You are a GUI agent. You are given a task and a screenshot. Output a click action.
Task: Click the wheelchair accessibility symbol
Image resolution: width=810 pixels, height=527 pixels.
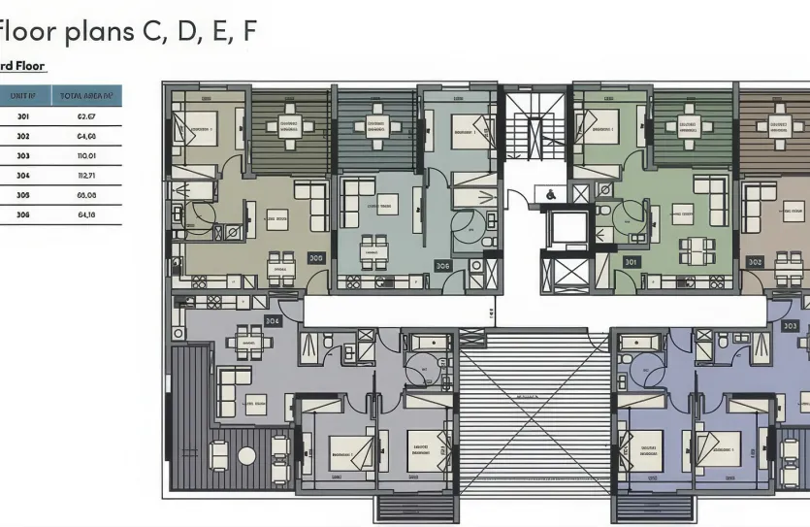550,194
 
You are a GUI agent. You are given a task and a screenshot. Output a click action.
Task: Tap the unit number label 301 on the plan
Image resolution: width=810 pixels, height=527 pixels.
632,261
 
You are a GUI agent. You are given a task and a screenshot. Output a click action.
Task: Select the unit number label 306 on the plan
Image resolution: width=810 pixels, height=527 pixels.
442,265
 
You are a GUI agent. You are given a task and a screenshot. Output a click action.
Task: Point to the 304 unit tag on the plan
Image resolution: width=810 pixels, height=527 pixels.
273,321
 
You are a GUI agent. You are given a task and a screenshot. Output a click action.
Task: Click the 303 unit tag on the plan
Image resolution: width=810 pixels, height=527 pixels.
790,326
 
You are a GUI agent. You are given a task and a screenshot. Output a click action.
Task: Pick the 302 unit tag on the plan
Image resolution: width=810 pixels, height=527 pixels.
755,262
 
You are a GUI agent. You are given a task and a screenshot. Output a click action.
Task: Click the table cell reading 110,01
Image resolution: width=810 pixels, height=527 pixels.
85,155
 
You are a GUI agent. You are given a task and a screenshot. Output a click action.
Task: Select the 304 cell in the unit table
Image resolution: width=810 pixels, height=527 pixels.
23,175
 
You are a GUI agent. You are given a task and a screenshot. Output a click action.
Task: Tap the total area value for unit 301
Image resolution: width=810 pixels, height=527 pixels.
85,116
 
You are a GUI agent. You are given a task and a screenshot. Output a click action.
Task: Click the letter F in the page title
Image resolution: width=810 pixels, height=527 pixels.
249,31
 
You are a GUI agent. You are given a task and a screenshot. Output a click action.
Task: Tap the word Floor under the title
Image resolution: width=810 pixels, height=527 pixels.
29,66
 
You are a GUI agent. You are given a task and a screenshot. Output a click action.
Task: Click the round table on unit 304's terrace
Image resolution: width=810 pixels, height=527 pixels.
246,455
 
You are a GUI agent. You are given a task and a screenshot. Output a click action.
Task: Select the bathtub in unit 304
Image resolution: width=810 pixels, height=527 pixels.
427,342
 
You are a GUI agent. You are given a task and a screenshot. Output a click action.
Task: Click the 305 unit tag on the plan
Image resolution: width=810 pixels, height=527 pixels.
316,258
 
